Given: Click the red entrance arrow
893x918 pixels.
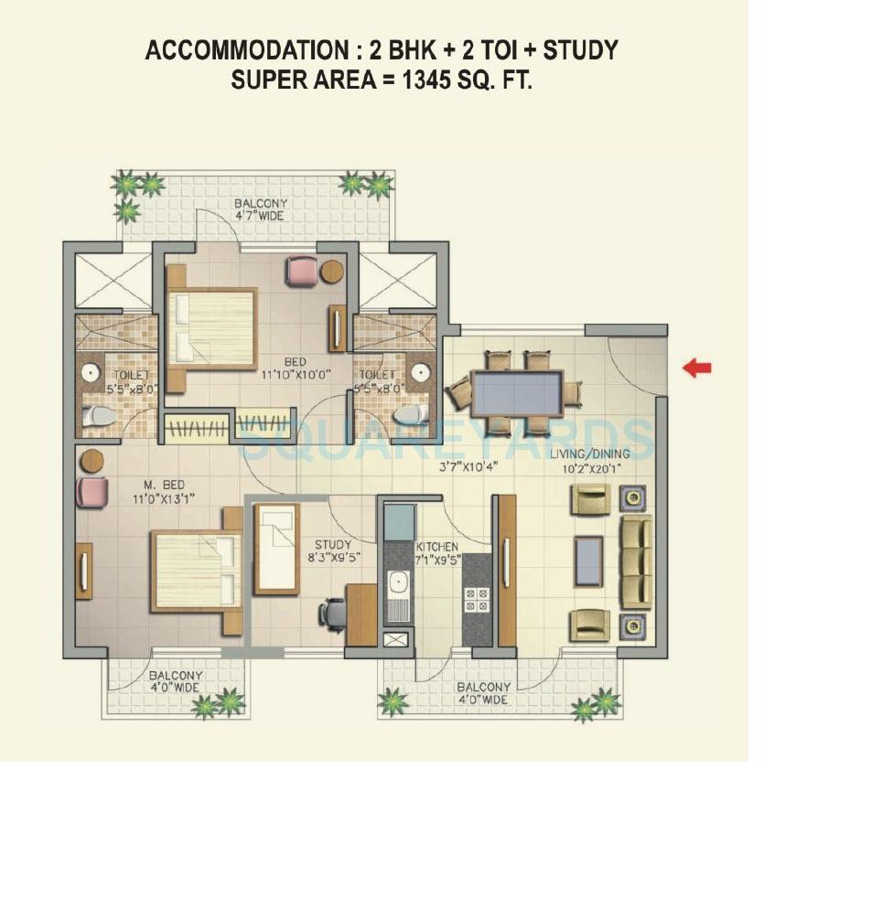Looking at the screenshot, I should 697,368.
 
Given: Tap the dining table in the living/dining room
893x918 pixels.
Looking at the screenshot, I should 517,393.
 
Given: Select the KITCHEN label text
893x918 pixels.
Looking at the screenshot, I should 437,547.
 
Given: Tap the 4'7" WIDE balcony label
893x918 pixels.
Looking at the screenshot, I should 261,210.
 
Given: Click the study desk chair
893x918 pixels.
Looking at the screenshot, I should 332,614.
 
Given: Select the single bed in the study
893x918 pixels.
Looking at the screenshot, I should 276,548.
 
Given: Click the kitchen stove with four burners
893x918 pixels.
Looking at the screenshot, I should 477,599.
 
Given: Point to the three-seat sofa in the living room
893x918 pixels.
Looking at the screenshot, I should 636,561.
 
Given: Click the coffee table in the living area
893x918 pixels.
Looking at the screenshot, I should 588,561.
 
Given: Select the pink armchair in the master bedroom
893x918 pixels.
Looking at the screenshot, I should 92,492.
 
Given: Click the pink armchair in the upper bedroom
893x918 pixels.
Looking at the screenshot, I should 302,272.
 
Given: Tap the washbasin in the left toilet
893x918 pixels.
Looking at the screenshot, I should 91,373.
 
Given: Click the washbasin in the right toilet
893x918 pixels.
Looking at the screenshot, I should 420,372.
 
